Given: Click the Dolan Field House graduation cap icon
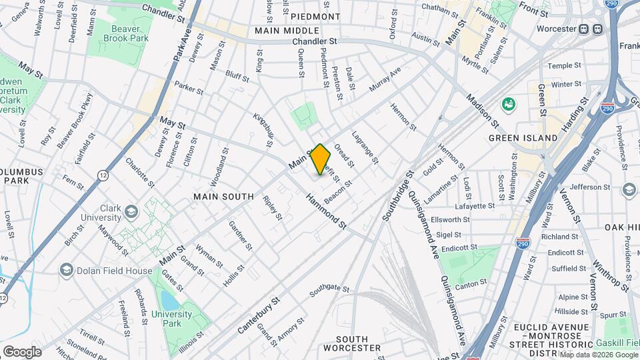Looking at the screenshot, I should point(66,269).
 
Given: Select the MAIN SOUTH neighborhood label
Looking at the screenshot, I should point(223,197).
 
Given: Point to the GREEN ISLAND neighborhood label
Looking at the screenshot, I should point(523,137).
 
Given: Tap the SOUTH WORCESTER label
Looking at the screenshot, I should point(351,343).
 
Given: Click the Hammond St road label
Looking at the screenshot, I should point(327,212).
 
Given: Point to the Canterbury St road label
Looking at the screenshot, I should point(259,315).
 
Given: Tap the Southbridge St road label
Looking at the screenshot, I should point(399,194).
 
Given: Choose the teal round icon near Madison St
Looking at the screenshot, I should point(509,104).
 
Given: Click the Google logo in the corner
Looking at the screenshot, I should point(22,351).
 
